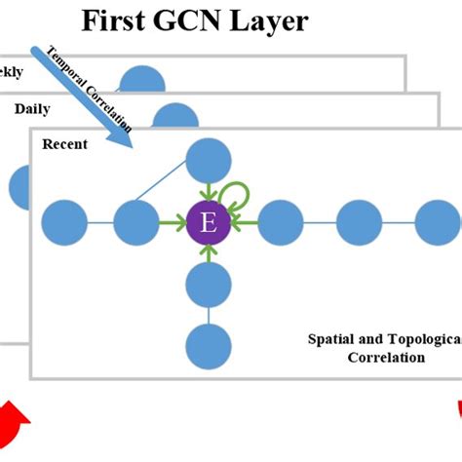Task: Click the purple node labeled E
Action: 207,223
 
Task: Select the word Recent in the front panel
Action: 64,144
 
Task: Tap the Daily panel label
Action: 32,109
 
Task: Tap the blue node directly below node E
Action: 207,286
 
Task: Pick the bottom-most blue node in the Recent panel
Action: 207,346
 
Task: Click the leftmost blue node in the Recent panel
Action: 64,223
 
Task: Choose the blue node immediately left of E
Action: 135,223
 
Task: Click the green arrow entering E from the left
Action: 172,223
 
